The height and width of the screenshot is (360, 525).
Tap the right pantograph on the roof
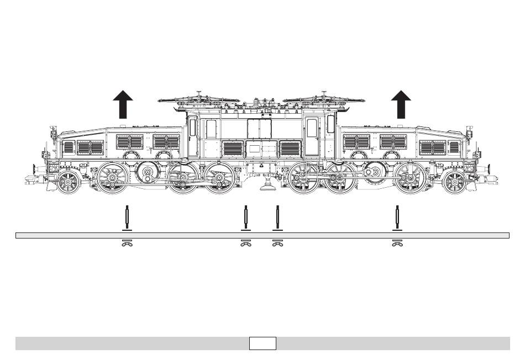pos(323,100)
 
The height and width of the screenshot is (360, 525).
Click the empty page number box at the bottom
pos(262,343)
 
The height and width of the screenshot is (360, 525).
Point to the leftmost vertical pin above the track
pos(127,218)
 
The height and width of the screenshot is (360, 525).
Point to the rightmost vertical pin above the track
pos(396,218)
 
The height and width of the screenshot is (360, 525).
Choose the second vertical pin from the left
pos(245,218)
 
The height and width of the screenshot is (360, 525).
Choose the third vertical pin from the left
pos(278,218)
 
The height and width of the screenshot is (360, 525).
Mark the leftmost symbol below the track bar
pos(127,243)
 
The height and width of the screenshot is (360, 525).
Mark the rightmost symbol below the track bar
pos(396,243)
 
